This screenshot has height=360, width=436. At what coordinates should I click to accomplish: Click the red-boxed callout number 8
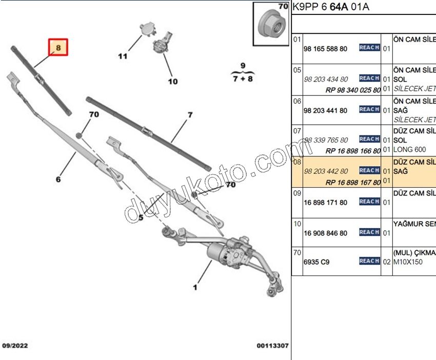point(58,48)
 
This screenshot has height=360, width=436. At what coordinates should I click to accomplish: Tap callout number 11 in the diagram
point(122,56)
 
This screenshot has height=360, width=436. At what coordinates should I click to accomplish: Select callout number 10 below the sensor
point(172,81)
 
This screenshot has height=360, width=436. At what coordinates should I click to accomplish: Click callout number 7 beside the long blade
point(190,115)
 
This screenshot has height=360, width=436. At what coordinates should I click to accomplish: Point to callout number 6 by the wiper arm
point(58,179)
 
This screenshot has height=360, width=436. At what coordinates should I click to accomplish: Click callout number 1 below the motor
point(195,288)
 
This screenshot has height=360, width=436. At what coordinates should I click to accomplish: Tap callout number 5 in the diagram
point(141,217)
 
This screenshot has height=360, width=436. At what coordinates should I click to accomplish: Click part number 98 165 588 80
point(325,49)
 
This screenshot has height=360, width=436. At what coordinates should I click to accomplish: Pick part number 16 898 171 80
point(325,203)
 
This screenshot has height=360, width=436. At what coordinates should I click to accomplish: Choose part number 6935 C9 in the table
point(316,262)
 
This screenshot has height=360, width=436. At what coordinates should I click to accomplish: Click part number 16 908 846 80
point(325,233)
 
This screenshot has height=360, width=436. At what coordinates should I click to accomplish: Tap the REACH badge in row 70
point(369,261)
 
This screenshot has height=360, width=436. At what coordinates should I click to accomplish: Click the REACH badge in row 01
point(369,48)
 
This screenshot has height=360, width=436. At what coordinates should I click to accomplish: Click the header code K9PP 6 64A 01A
point(330,7)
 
